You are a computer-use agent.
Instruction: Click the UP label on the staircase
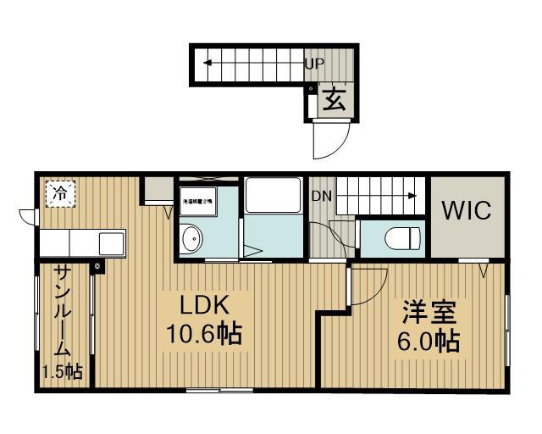point(314,63)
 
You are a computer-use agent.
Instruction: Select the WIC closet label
point(465,210)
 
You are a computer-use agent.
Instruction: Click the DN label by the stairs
point(321,197)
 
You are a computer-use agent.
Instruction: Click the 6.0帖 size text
point(429,342)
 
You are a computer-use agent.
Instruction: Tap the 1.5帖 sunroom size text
point(63,371)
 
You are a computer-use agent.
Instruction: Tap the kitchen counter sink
point(112,243)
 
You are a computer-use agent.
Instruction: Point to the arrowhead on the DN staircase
point(412,196)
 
